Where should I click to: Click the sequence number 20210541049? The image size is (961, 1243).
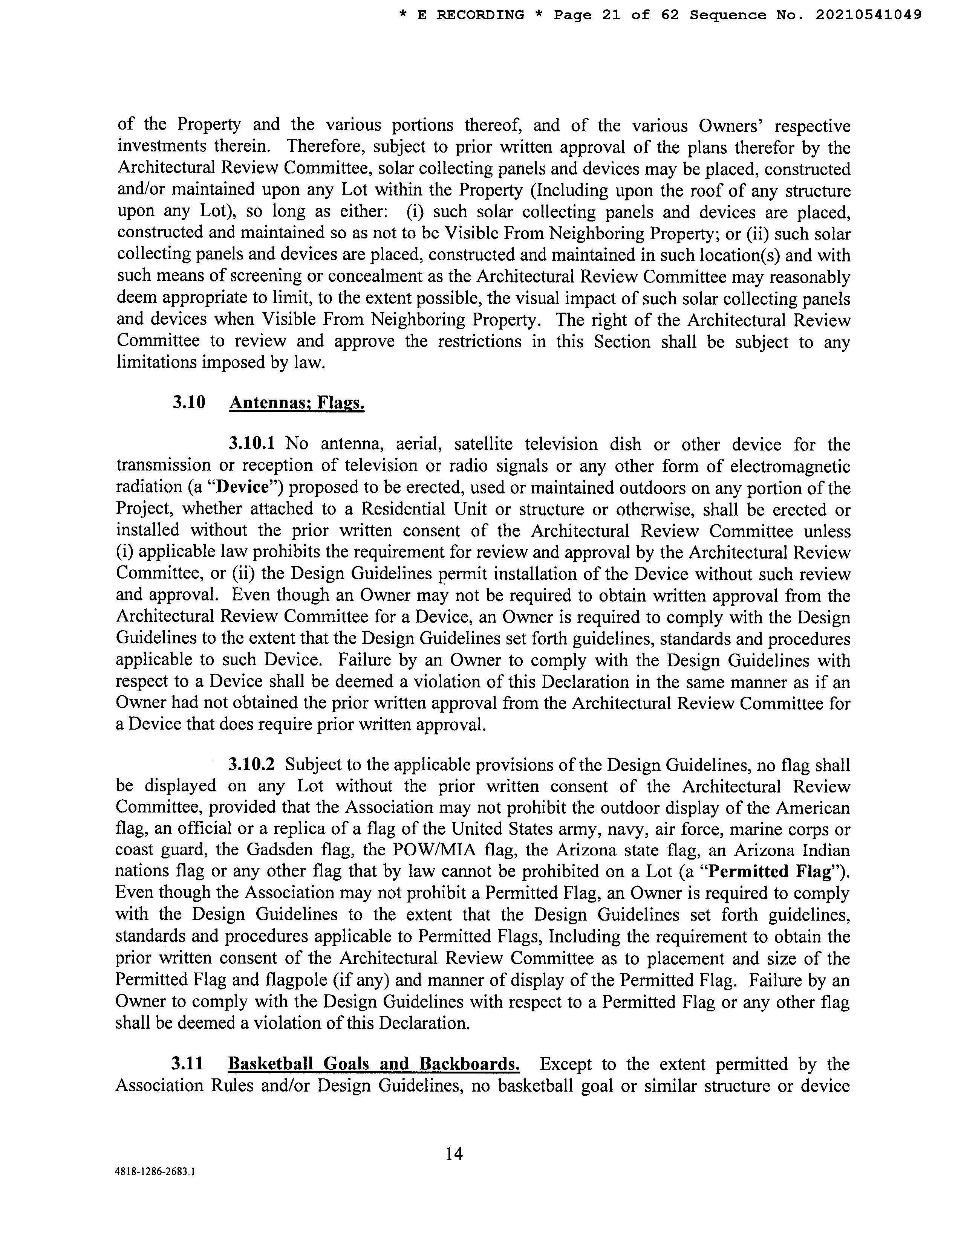click(x=868, y=15)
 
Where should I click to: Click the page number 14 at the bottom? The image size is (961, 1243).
click(x=454, y=1154)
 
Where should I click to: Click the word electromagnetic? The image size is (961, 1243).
click(x=790, y=466)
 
